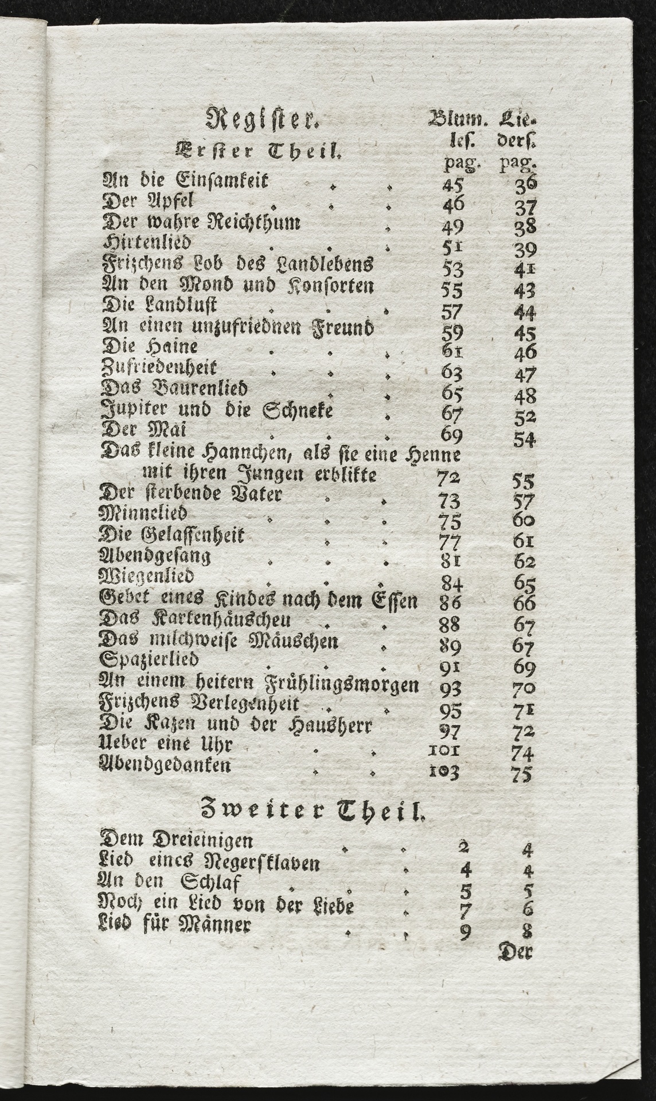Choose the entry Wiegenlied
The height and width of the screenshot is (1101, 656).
(x=147, y=575)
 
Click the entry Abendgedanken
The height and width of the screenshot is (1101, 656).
(x=166, y=765)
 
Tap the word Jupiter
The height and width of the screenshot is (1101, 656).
(x=133, y=411)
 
